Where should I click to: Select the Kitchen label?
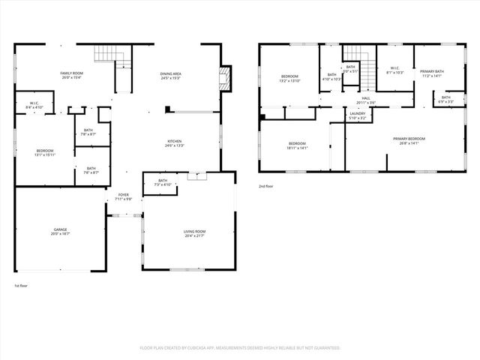[x=175, y=142]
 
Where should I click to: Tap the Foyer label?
[x=122, y=196]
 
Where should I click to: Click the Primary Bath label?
[x=432, y=73]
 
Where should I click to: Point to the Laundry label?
[x=357, y=115]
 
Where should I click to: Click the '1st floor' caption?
[x=21, y=286]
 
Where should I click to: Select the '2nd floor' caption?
[x=266, y=185]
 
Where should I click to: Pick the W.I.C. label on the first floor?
[x=34, y=105]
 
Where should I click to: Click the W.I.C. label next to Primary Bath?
[x=395, y=70]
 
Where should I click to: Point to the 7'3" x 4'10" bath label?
[x=162, y=182]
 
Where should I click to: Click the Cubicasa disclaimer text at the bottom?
[x=240, y=348]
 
